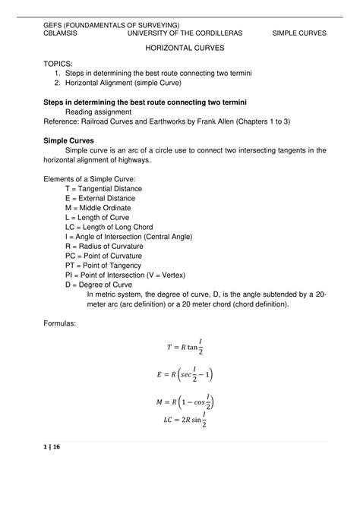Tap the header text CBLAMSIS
coord(59,33)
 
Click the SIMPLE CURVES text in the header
coord(299,33)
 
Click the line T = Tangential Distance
coord(103,188)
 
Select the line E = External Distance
coord(100,198)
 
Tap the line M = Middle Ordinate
coord(98,208)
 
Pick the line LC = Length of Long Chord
coord(110,226)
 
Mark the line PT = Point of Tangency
coord(104,265)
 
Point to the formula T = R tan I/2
coord(185,347)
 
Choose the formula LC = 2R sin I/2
coord(185,419)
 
